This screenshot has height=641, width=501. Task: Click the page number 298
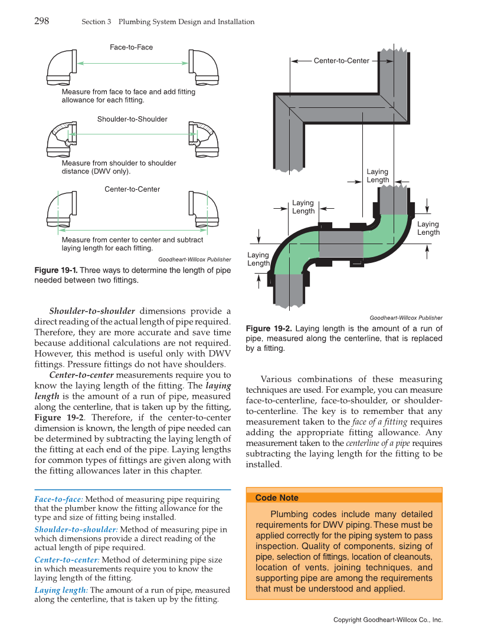pyautogui.click(x=41, y=21)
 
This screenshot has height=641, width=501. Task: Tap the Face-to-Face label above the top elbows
pyautogui.click(x=131, y=47)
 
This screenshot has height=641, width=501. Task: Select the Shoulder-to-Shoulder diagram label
pyautogui.click(x=132, y=119)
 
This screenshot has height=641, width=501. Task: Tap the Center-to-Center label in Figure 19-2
pyautogui.click(x=341, y=61)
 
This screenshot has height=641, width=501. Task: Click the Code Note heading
pyautogui.click(x=277, y=498)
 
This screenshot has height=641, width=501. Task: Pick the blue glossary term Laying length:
pyautogui.click(x=61, y=590)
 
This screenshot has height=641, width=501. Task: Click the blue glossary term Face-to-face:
pyautogui.click(x=58, y=499)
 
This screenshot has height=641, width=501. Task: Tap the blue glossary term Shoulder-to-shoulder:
pyautogui.click(x=76, y=530)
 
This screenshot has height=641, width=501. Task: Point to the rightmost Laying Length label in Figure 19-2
pyautogui.click(x=428, y=228)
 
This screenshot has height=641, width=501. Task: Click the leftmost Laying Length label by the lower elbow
pyautogui.click(x=258, y=259)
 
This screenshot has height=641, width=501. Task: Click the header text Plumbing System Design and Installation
pyautogui.click(x=186, y=22)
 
